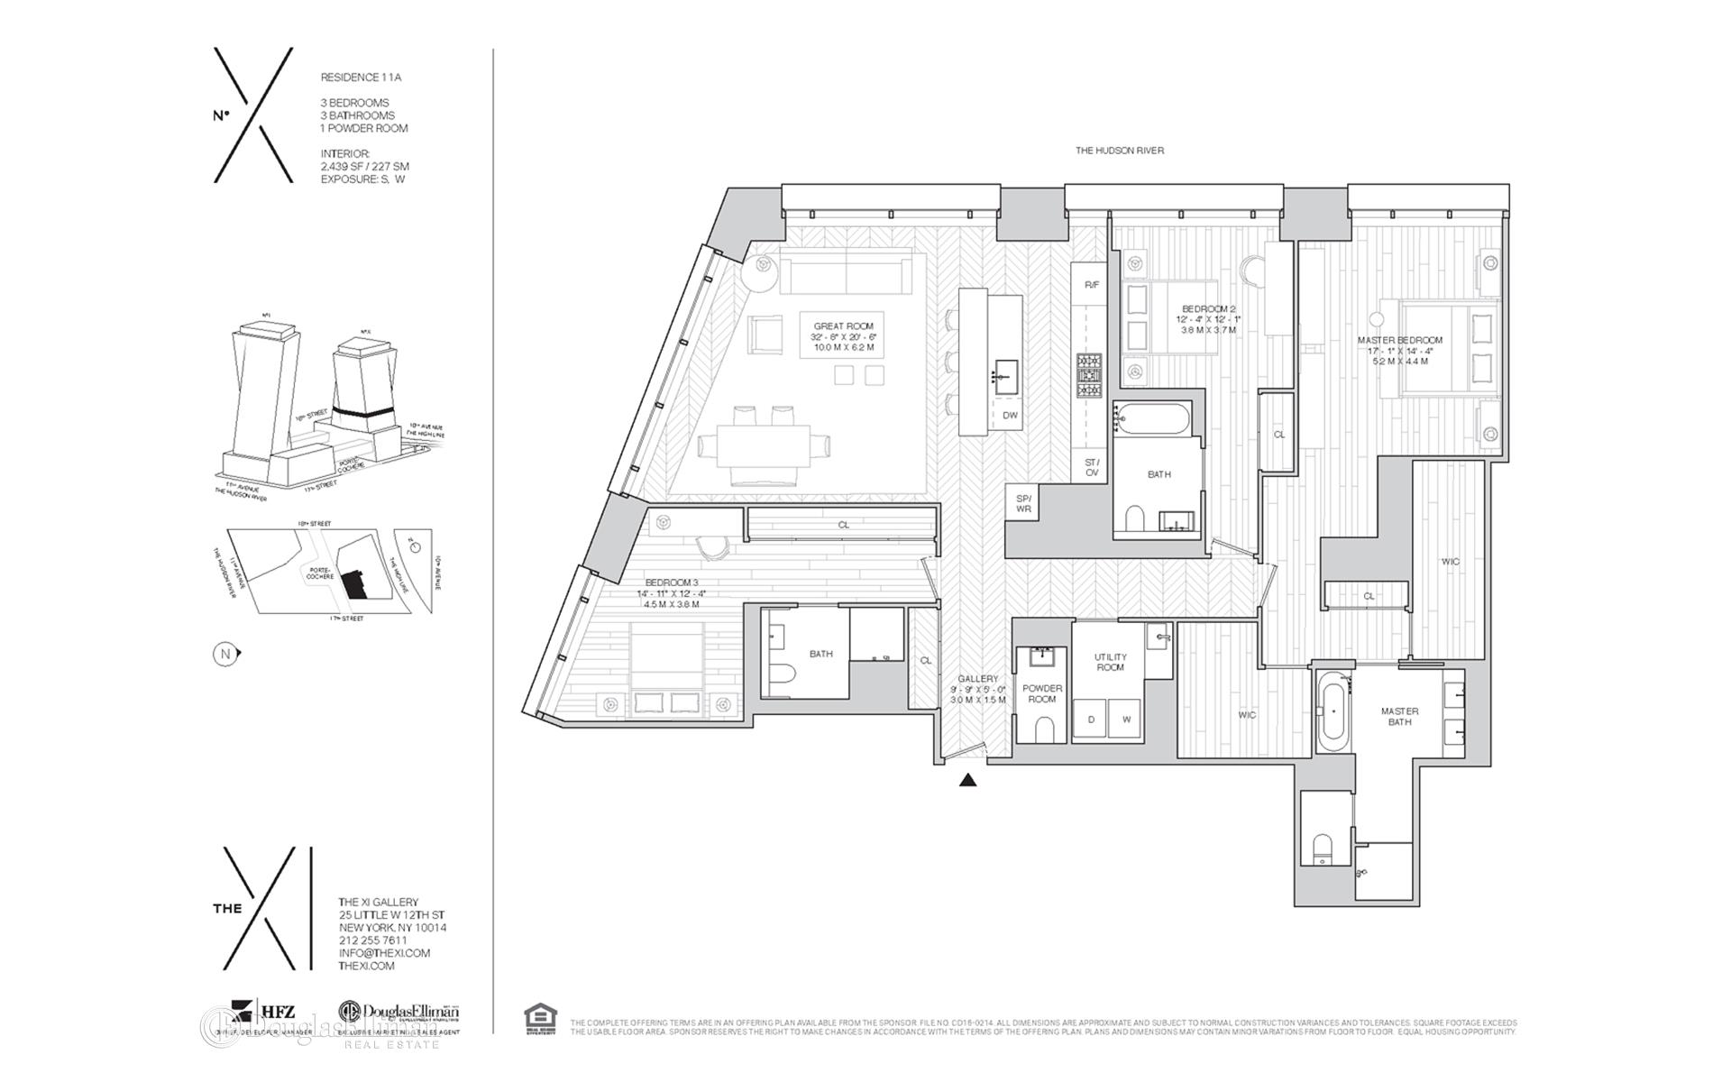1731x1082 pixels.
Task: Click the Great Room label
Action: coord(843,326)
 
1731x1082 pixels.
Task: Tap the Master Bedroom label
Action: coord(1399,341)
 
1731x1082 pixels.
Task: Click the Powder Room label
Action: coord(1041,693)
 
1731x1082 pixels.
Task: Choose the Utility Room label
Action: coord(1110,662)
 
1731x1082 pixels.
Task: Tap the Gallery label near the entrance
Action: coord(977,679)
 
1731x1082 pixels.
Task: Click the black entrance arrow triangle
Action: coord(967,781)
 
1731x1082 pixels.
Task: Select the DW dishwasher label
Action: coord(1010,416)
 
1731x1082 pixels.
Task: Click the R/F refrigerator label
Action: coord(1091,285)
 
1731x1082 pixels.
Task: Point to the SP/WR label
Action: coord(1022,504)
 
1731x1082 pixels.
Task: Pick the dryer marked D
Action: coord(1091,720)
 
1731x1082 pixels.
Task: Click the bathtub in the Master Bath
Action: coord(1333,712)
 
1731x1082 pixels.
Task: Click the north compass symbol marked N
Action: coord(224,654)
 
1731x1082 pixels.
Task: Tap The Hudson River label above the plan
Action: coord(1119,151)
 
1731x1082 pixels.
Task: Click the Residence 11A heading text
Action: coord(361,78)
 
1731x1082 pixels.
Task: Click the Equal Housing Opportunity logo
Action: coord(540,1019)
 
